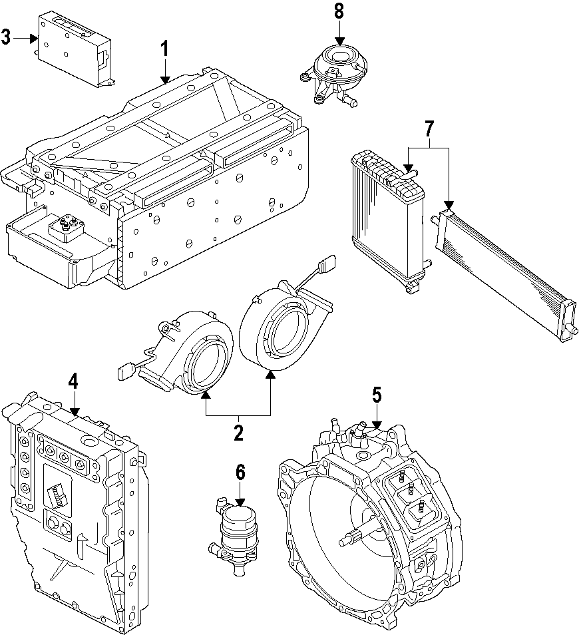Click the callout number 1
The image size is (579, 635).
pos(164,49)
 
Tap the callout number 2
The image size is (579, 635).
pos(238,433)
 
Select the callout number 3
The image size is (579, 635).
pos(6,37)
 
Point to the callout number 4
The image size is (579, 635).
pos(73,381)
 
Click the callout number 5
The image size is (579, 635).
pos(377,395)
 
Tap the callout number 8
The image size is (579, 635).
pos(339,11)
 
